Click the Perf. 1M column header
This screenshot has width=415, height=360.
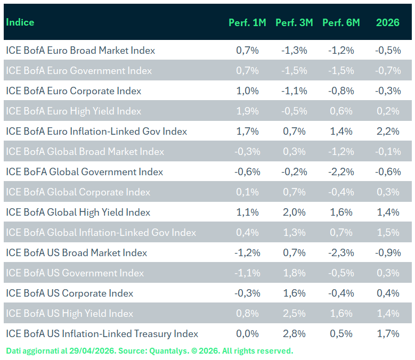tap(247, 22)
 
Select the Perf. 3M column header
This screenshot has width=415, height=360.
tap(294, 22)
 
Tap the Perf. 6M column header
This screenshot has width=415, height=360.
tap(341, 22)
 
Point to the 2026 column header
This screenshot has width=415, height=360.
tap(388, 22)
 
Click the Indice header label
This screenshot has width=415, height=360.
tap(20, 22)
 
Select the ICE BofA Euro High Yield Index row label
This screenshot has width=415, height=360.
tap(74, 111)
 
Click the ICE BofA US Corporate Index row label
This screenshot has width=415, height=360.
tap(70, 293)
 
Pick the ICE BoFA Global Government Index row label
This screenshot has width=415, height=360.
tap(85, 172)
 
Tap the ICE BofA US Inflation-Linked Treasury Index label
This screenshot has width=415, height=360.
tap(102, 334)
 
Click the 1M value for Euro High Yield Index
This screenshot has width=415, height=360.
tap(247, 111)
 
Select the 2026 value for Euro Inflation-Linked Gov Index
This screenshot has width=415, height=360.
tap(388, 132)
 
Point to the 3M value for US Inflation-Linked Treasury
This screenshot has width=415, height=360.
tap(294, 334)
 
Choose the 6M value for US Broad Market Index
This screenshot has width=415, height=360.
tap(341, 253)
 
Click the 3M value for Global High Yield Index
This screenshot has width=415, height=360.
tap(294, 212)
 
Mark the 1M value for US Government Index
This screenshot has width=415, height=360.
tap(247, 273)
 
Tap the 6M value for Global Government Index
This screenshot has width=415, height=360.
tap(341, 172)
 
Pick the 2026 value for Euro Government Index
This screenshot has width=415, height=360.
tap(388, 71)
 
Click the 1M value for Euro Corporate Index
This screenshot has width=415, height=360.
tap(247, 91)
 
